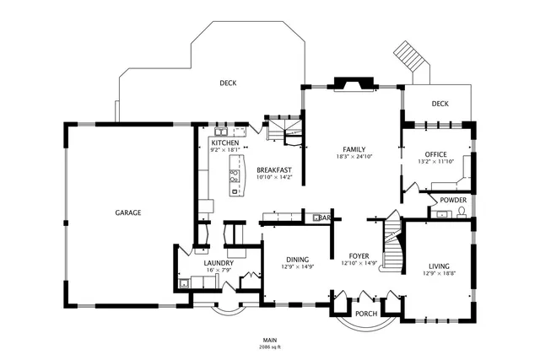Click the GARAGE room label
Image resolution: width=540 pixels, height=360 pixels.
(128, 212)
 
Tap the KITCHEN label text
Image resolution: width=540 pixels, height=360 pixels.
(224, 144)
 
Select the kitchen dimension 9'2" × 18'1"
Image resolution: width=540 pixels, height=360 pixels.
(224, 151)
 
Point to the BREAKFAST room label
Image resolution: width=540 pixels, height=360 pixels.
(273, 170)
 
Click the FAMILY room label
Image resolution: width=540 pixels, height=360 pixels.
(354, 149)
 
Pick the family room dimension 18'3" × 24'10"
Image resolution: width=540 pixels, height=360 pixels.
(354, 157)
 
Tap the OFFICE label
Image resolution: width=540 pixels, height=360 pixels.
(435, 154)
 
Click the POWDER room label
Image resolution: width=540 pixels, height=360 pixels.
(452, 200)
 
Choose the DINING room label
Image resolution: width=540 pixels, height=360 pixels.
(297, 260)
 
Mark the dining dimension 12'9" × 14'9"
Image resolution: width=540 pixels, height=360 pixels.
(297, 267)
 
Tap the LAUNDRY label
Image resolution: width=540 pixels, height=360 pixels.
(218, 263)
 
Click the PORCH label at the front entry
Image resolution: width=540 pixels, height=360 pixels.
(366, 314)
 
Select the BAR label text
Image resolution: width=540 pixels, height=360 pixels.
(324, 218)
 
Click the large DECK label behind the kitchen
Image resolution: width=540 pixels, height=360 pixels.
(228, 83)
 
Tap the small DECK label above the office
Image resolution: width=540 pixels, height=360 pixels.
(440, 104)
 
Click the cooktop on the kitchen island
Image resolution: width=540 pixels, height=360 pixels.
(234, 177)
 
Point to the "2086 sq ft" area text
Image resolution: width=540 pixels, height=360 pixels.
(270, 347)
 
